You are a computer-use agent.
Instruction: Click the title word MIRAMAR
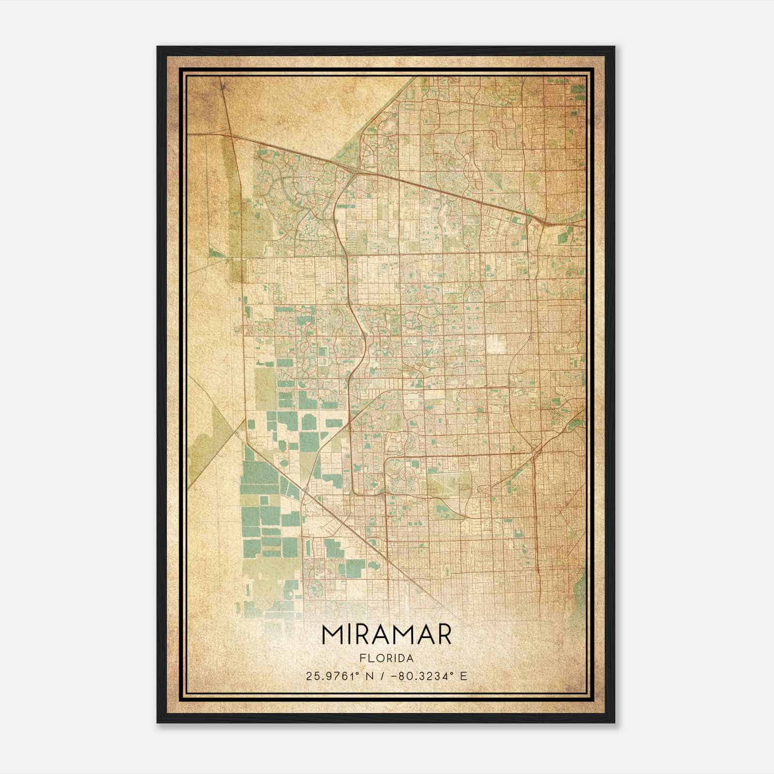(386, 635)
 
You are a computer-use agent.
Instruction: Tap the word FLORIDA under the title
(386, 658)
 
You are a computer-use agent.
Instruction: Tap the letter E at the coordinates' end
(463, 676)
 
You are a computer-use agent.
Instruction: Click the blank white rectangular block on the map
(496, 342)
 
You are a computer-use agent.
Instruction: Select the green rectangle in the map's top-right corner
(577, 89)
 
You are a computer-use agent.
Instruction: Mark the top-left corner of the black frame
(158, 47)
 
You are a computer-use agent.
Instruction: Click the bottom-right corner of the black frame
(614, 722)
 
